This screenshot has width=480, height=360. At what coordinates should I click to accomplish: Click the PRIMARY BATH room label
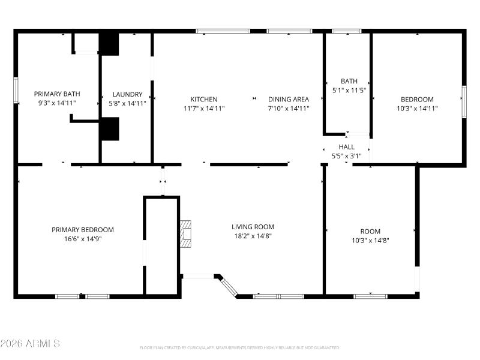click(57, 94)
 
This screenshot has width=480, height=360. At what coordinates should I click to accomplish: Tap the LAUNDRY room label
click(128, 94)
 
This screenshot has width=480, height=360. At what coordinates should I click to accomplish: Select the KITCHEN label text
click(204, 100)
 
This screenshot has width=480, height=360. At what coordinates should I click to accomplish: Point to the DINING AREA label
click(289, 100)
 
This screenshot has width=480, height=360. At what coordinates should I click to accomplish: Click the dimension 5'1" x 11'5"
click(349, 90)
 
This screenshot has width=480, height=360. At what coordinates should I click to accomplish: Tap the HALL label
click(347, 147)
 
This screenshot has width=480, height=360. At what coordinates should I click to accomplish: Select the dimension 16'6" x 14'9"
click(83, 239)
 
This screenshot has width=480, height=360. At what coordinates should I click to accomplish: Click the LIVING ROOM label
click(253, 227)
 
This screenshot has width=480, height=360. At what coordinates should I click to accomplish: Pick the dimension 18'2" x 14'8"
click(253, 236)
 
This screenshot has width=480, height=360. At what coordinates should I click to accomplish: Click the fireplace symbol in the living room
click(187, 234)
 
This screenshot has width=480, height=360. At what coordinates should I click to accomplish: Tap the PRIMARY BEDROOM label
click(83, 230)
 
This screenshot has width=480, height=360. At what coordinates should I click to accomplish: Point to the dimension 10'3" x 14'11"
click(418, 109)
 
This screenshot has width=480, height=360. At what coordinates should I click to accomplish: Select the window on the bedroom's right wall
click(463, 100)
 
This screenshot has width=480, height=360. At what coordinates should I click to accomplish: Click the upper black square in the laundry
click(109, 44)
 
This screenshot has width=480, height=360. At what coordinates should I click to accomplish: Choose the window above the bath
click(347, 31)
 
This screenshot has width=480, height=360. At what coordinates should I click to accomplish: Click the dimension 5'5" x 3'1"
click(347, 156)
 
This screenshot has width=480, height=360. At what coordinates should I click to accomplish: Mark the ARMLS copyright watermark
click(30, 344)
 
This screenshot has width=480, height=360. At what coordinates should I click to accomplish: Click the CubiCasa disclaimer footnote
click(240, 348)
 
